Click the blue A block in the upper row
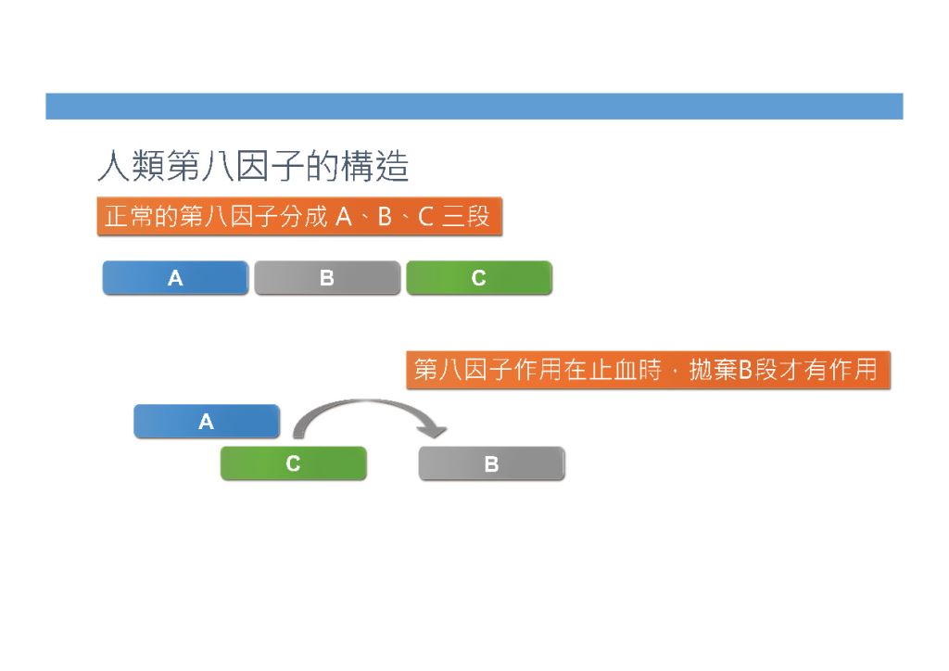click(x=175, y=278)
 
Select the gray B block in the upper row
click(x=327, y=278)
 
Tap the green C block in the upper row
click(x=479, y=278)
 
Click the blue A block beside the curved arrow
click(x=207, y=421)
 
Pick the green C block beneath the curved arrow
click(x=294, y=463)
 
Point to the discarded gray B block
click(x=491, y=463)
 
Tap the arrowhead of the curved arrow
click(x=435, y=431)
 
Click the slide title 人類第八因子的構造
click(x=253, y=166)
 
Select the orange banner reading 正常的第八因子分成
click(x=299, y=216)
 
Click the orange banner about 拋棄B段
click(x=648, y=370)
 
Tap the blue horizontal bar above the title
click(x=474, y=106)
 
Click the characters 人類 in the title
click(x=132, y=166)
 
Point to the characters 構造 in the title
click(x=375, y=166)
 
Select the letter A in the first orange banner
click(x=344, y=217)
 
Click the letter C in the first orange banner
click(x=425, y=217)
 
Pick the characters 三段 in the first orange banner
click(x=465, y=216)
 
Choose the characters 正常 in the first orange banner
click(x=129, y=216)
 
